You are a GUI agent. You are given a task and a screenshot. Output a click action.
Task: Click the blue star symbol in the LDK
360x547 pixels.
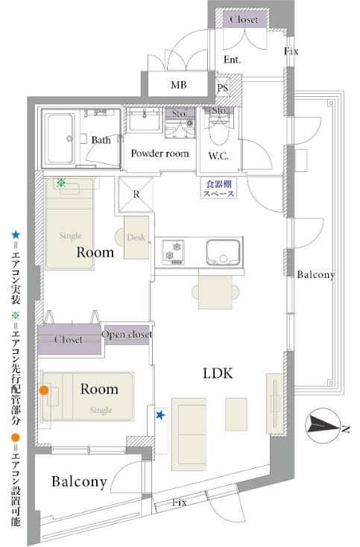click(x=160, y=415)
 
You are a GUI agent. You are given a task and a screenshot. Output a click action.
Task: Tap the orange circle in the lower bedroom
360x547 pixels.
click(x=44, y=391)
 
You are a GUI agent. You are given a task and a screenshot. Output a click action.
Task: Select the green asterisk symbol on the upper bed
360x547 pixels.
click(x=61, y=183)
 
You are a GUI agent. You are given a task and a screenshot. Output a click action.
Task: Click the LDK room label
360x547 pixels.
click(x=218, y=373)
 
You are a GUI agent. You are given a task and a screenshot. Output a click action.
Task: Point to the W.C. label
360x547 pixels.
click(x=218, y=156)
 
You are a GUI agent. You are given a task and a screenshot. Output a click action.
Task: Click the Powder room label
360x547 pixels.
click(x=160, y=154)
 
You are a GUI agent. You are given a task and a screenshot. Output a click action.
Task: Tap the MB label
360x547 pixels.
click(x=179, y=85)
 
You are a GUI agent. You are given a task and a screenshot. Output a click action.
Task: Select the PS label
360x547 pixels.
click(x=223, y=87)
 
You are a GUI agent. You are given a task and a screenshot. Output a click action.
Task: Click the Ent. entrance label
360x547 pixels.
click(x=233, y=60)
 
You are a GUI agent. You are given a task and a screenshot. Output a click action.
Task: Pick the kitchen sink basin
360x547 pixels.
click(x=224, y=252)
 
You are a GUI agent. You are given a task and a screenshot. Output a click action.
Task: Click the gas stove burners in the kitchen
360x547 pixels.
click(x=174, y=252)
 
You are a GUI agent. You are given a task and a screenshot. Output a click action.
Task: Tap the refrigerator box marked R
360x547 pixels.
click(x=136, y=195)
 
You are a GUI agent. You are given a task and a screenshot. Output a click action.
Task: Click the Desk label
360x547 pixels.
click(x=136, y=238)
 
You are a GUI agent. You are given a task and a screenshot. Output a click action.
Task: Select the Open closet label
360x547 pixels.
click(x=127, y=334)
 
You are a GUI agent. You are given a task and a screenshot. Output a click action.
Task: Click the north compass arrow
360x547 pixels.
click(x=323, y=426)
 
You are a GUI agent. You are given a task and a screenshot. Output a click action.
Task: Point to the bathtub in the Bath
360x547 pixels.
click(x=60, y=139)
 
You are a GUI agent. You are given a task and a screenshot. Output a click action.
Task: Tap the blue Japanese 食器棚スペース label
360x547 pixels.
click(x=219, y=189)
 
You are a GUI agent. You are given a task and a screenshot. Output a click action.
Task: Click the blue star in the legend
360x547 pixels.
click(x=16, y=235)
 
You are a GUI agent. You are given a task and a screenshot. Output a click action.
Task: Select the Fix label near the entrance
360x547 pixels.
click(x=291, y=51)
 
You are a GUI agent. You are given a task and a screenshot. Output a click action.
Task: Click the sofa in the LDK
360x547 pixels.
click(x=189, y=434)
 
